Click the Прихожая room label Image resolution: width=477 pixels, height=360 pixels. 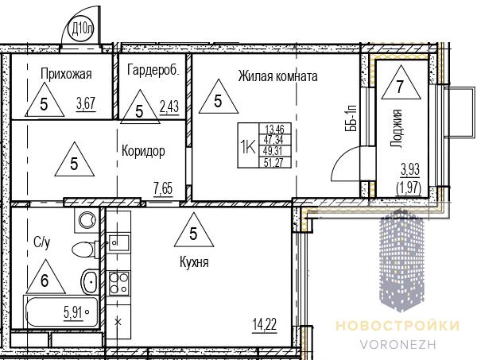66,74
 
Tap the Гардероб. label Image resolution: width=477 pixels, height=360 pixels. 153,70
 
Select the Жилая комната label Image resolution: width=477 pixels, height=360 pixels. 277,76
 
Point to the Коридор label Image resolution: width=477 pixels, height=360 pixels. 143,151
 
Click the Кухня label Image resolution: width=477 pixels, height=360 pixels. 194,261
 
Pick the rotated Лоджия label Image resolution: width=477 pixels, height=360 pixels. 397,128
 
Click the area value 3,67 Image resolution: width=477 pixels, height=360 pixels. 86,103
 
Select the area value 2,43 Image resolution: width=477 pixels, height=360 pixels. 169,107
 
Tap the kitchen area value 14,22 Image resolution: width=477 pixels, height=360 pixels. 265,325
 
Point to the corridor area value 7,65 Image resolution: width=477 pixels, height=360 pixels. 163,189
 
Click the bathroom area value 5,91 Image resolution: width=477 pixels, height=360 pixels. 73,312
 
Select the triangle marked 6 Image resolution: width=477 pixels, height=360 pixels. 45,277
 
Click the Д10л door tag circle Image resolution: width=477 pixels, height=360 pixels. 81,29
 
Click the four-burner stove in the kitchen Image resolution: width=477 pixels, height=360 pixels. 119,283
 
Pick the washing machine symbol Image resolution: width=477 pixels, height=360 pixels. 87,220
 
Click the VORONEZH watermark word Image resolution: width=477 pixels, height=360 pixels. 398,344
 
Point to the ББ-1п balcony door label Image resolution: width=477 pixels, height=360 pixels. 351,118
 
